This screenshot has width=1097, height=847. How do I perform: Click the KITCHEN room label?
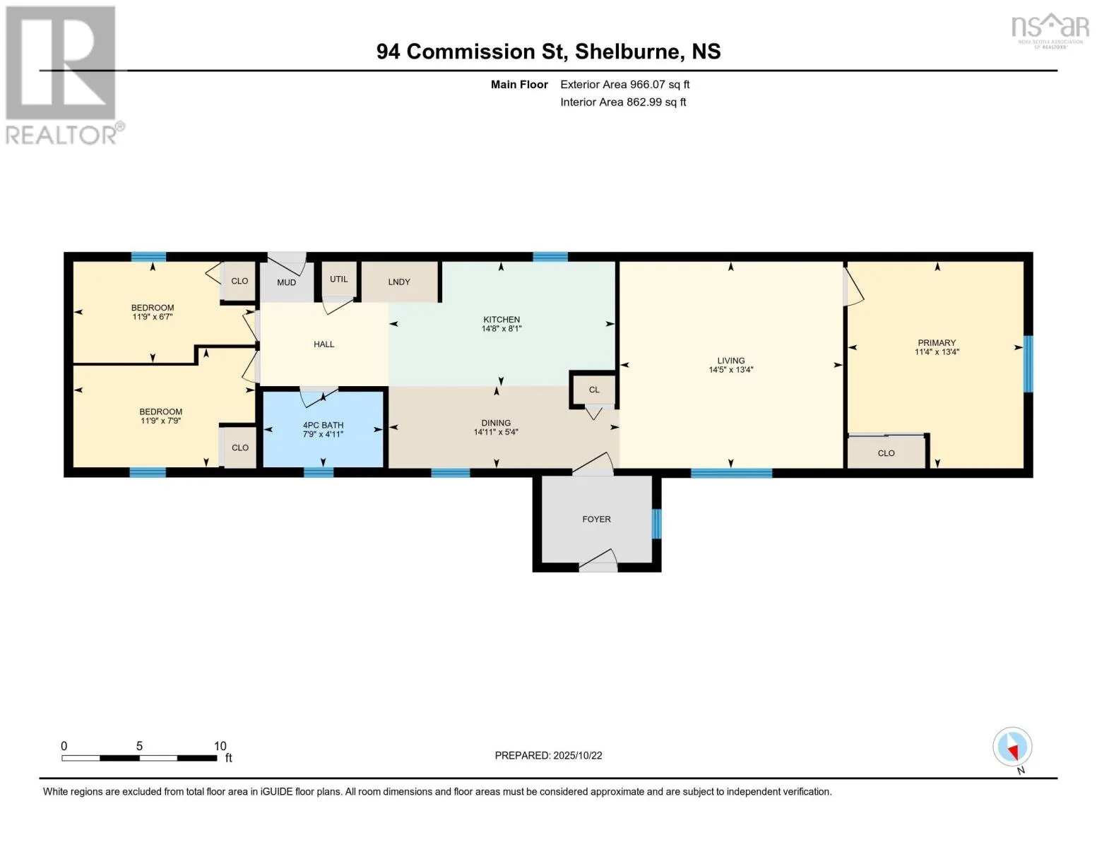point(501,320)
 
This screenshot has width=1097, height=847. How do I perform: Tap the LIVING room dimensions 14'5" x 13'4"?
point(730,370)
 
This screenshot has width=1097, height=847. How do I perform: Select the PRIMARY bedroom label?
point(936,343)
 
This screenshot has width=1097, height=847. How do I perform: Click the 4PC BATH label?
point(323,425)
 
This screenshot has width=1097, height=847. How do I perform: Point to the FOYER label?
point(596,519)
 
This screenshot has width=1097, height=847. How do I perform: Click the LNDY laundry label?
point(399,282)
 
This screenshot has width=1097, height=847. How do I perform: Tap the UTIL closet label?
point(338,279)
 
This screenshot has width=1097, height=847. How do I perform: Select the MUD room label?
point(286,282)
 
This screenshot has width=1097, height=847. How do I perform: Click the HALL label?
point(324,344)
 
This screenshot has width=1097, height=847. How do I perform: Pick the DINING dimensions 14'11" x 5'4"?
point(496,432)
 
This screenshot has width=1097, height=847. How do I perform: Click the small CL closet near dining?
point(593,390)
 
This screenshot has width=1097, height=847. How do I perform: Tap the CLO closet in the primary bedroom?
point(886,453)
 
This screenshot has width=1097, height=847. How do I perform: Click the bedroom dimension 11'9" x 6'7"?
point(153,317)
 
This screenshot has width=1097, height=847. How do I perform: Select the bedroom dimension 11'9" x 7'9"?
point(160,421)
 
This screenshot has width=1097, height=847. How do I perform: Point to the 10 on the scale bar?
point(220,746)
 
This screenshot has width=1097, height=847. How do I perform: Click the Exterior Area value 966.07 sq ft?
point(659,85)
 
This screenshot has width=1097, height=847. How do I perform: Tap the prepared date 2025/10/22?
point(578,755)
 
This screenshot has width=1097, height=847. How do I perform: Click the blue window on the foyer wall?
point(656,523)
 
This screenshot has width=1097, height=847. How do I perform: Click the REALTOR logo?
point(62,74)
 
